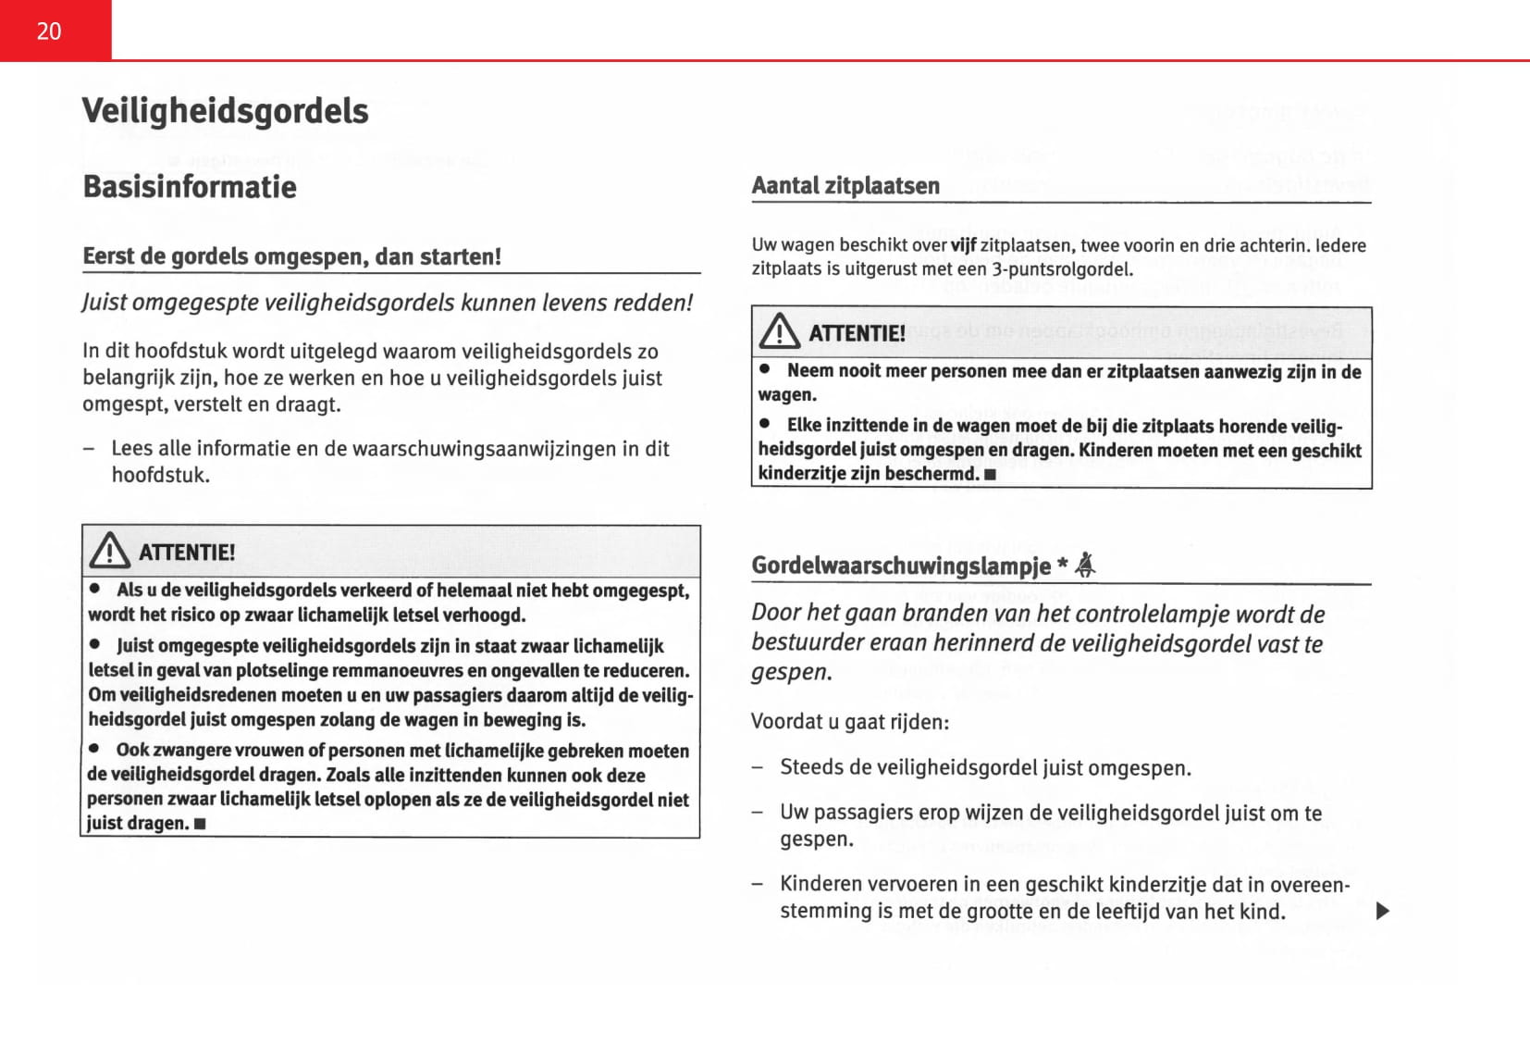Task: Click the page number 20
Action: (49, 31)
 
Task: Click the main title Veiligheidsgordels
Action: (225, 111)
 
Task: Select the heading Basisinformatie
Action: (190, 187)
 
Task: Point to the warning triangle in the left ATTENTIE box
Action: (110, 551)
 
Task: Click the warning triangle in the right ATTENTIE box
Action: (779, 331)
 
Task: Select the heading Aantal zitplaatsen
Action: (845, 186)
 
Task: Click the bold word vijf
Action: (963, 245)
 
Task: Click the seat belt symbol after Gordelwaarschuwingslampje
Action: (1086, 565)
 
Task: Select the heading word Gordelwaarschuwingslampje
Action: (900, 566)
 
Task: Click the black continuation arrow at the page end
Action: (1383, 911)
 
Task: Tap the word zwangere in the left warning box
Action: (191, 751)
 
